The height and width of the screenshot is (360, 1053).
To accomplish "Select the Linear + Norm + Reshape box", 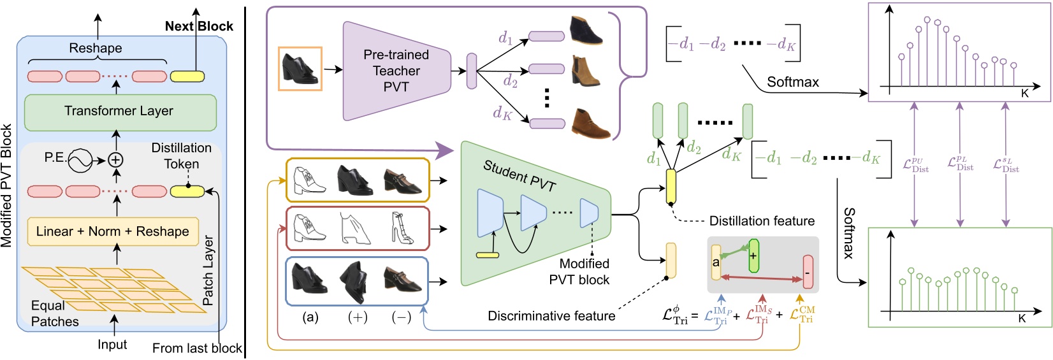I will click(113, 232).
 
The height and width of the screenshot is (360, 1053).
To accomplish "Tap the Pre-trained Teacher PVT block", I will click(396, 71).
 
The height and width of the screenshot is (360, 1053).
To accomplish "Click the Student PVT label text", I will click(519, 175).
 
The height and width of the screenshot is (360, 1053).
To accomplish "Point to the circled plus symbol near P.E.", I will click(115, 159).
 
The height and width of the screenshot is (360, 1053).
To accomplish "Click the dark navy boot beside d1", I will click(587, 30).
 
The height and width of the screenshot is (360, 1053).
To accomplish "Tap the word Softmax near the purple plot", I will click(792, 82).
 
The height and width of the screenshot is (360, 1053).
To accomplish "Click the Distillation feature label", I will click(762, 221).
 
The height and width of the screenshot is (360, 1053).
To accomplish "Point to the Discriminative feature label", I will click(551, 316).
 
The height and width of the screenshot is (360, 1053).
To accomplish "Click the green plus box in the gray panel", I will click(754, 256).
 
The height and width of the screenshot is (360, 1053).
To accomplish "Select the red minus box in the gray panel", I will click(808, 272).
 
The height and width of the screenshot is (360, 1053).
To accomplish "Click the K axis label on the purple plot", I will click(1024, 94).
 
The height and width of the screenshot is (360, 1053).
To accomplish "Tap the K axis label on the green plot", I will click(1022, 319).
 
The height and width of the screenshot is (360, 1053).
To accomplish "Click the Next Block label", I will click(199, 26).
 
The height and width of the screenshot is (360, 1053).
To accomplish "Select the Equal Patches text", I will click(54, 313).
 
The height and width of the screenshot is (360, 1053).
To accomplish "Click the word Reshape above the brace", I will click(96, 48).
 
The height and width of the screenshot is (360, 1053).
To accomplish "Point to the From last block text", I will click(197, 349).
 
